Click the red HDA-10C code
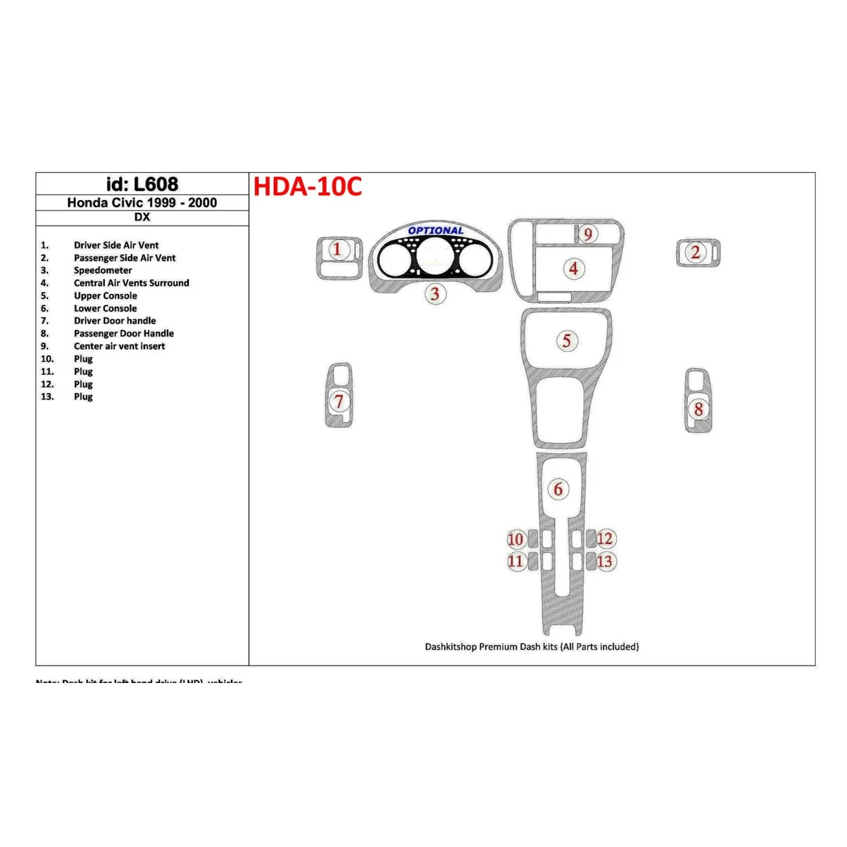[308, 186]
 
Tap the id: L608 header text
[142, 184]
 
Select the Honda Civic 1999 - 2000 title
[142, 203]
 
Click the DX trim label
[142, 218]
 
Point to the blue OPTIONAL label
[436, 230]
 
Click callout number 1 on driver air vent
[337, 249]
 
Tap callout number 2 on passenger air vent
[695, 253]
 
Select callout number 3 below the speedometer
[435, 293]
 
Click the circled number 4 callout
[573, 268]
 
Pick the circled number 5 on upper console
[567, 341]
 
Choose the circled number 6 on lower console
[558, 489]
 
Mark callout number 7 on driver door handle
[339, 401]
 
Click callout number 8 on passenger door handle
[698, 409]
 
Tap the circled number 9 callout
[588, 234]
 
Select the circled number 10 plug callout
[516, 539]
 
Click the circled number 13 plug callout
[604, 561]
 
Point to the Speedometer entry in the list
[103, 270]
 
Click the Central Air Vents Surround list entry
[131, 283]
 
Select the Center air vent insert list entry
[119, 346]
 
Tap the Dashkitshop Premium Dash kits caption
[531, 647]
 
